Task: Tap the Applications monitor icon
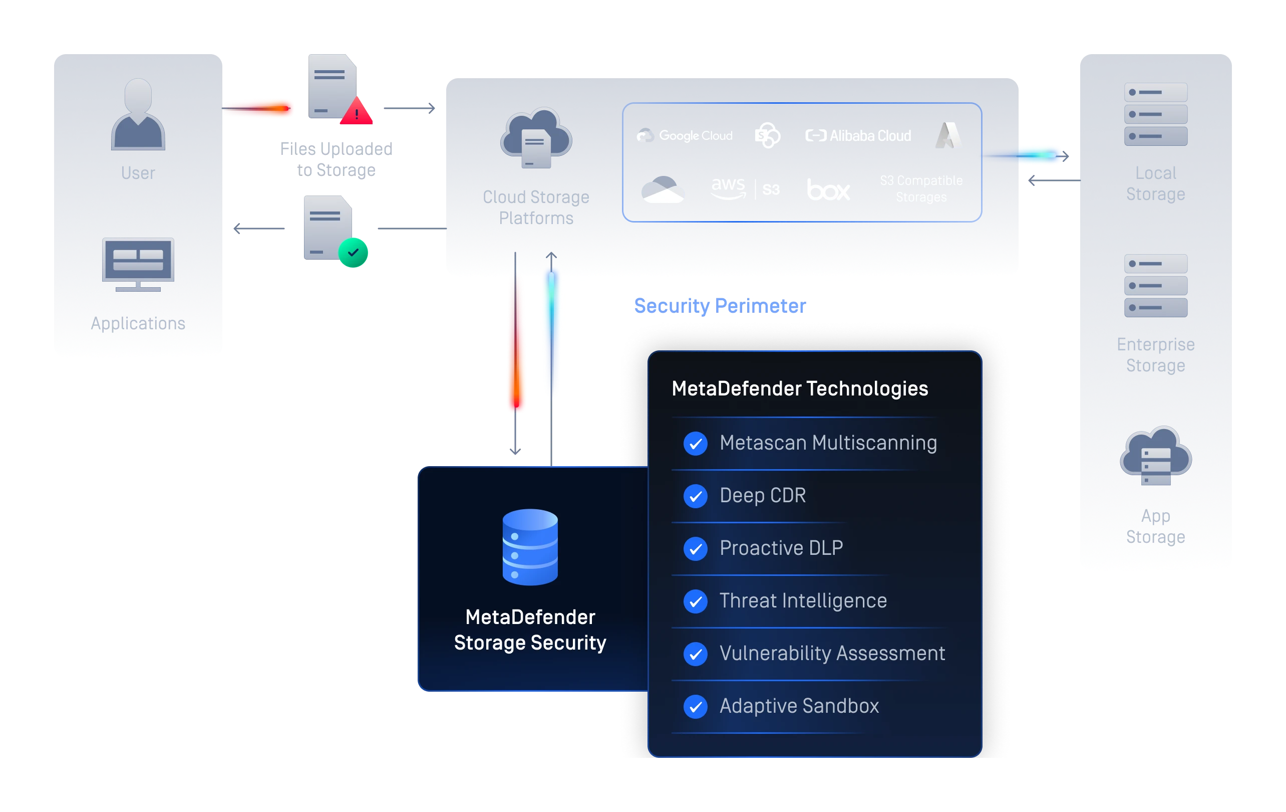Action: pyautogui.click(x=138, y=264)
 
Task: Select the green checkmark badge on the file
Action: pyautogui.click(x=353, y=253)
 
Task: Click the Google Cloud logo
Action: pyautogui.click(x=685, y=136)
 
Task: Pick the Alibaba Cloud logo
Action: pyautogui.click(x=858, y=136)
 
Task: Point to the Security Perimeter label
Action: pyautogui.click(x=720, y=306)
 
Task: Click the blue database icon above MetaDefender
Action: pyautogui.click(x=530, y=547)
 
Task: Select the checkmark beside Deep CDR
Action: pyautogui.click(x=696, y=496)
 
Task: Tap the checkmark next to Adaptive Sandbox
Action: pyautogui.click(x=696, y=706)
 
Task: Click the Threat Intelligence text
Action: pyautogui.click(x=803, y=601)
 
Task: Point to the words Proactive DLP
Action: pyautogui.click(x=781, y=548)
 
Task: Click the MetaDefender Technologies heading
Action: pyautogui.click(x=799, y=388)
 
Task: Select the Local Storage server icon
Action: pyautogui.click(x=1156, y=114)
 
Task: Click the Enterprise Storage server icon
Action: pyautogui.click(x=1156, y=286)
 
